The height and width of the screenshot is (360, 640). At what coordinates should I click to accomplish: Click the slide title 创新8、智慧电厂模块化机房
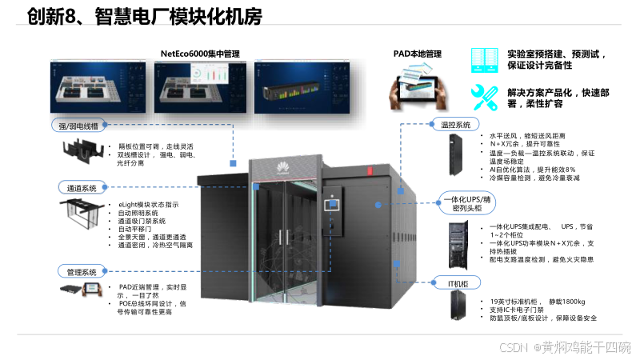point(144,17)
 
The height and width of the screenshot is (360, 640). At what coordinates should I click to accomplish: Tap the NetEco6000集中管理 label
point(199,54)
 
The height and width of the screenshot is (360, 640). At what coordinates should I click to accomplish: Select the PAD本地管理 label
point(417,54)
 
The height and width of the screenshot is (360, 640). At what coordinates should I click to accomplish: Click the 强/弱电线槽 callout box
point(78,126)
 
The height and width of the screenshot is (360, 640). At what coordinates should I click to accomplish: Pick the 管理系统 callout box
point(82,271)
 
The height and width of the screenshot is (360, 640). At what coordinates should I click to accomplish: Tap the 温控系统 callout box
point(460,125)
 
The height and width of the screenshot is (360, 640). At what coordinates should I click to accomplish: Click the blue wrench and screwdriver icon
point(486,97)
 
